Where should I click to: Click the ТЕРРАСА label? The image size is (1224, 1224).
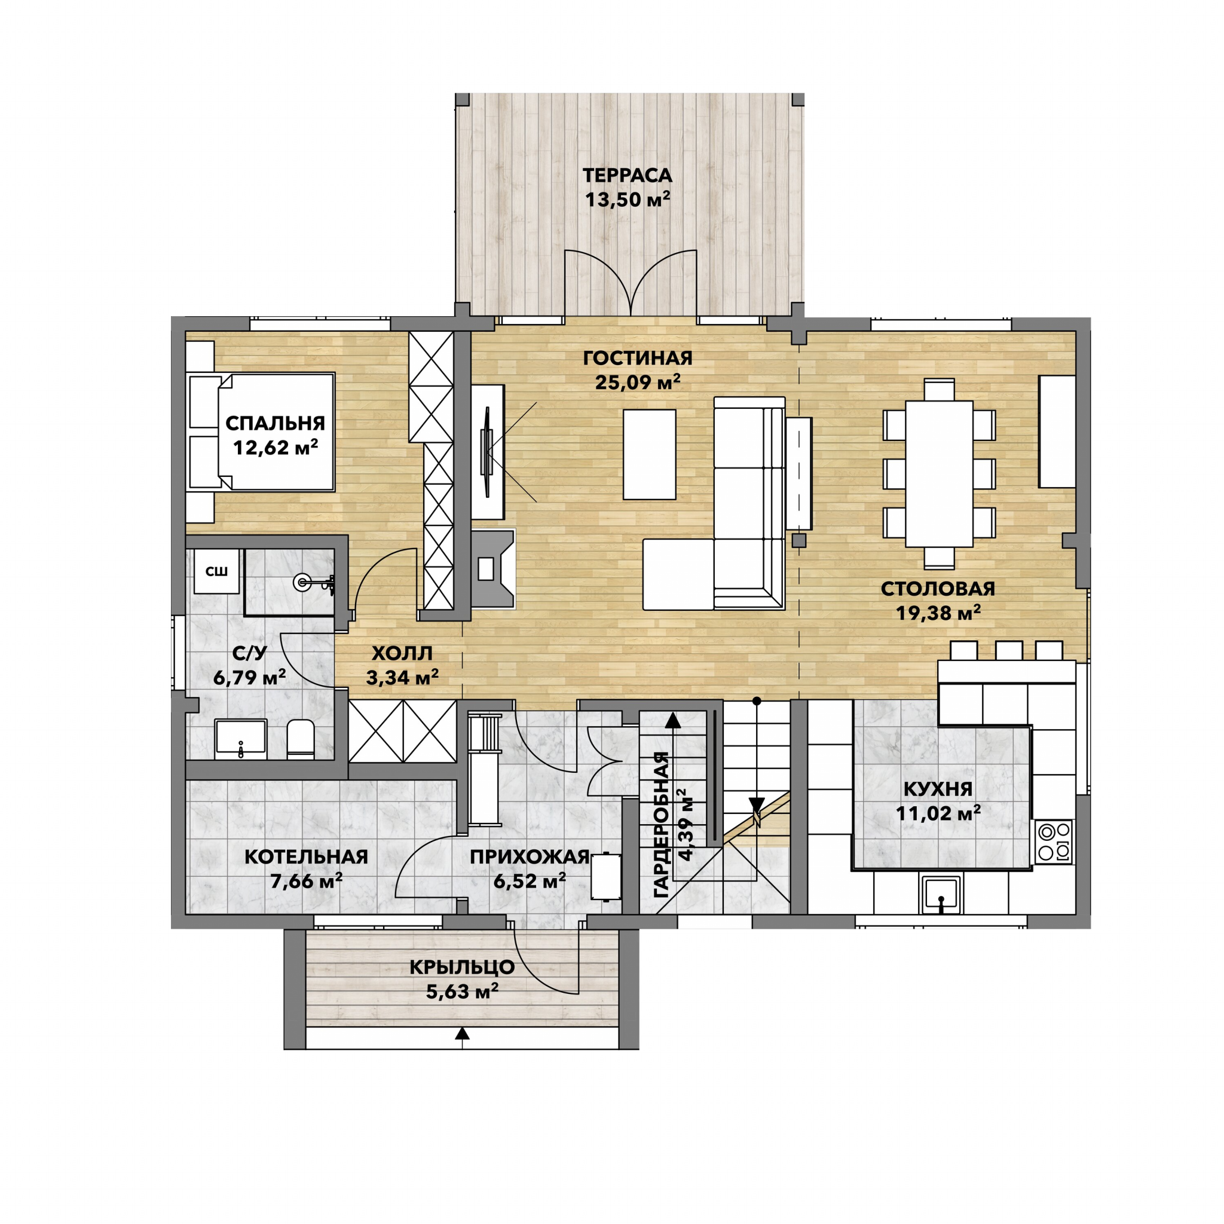tap(627, 175)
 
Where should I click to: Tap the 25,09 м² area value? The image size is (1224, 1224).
tap(637, 382)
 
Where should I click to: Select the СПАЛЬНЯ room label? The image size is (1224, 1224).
tap(275, 423)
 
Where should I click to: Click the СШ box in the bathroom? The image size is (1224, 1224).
tap(217, 571)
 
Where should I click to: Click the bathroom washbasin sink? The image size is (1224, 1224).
tap(241, 739)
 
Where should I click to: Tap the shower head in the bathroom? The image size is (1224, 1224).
tap(304, 582)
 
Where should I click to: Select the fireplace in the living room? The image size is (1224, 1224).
tap(492, 569)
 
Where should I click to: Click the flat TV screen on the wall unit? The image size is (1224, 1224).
tap(486, 452)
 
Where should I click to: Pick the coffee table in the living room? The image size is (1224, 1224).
tap(650, 454)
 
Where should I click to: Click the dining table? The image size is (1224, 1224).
tap(939, 473)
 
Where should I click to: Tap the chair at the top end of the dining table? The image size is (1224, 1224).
tap(939, 390)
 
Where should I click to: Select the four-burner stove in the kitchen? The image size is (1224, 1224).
tap(1054, 842)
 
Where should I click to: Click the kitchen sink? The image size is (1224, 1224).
tap(941, 894)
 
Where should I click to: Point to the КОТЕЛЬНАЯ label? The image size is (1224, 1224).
tap(306, 856)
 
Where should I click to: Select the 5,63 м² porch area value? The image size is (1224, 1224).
tap(462, 992)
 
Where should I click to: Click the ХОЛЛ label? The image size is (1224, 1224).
tap(402, 653)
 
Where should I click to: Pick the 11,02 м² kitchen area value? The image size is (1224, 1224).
tap(938, 813)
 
